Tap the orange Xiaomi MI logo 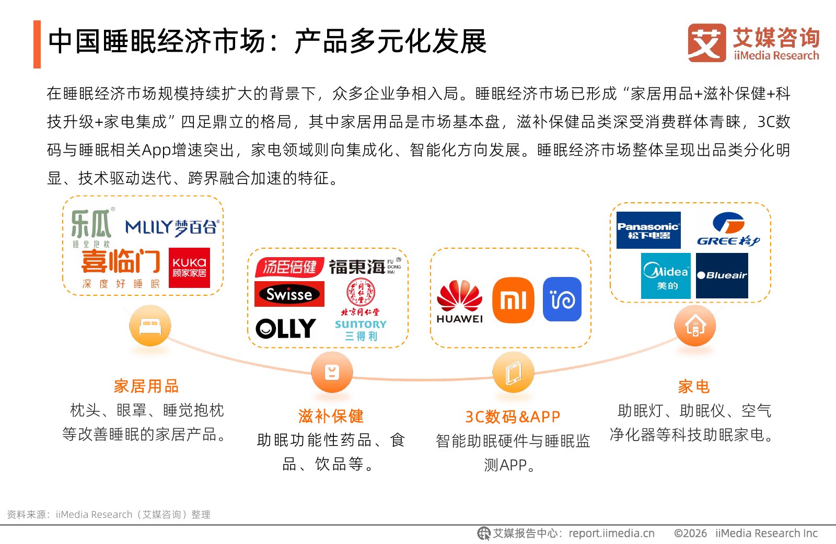513,300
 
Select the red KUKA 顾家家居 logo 189,268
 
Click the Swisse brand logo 289,294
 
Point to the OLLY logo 286,329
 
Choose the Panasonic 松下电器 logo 648,230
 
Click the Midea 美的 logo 666,276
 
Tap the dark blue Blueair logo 722,275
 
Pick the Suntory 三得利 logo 361,330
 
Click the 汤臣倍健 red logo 289,267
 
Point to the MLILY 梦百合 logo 172,227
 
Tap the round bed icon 150,326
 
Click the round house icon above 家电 694,326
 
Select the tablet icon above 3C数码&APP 513,373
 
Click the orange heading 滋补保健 331,416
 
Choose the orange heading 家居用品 146,386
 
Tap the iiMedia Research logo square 707,43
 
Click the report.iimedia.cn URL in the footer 611,533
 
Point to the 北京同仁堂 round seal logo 361,292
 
